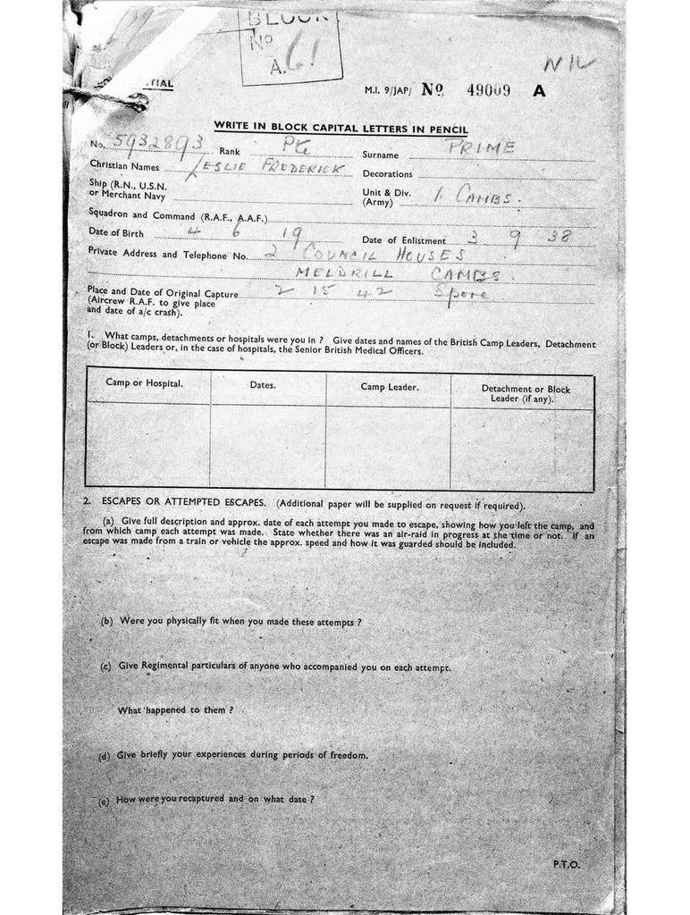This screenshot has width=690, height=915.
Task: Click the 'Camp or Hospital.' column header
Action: [145, 383]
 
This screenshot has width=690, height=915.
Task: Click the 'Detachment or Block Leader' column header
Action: [526, 394]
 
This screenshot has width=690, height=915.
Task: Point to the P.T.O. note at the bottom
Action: [566, 864]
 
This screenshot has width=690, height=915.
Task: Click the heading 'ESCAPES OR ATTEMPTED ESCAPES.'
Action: [178, 504]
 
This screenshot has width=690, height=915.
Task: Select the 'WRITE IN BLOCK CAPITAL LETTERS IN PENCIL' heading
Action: [341, 130]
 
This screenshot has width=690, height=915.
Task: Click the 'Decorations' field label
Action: [387, 174]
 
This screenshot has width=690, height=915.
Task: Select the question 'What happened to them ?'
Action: [175, 709]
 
